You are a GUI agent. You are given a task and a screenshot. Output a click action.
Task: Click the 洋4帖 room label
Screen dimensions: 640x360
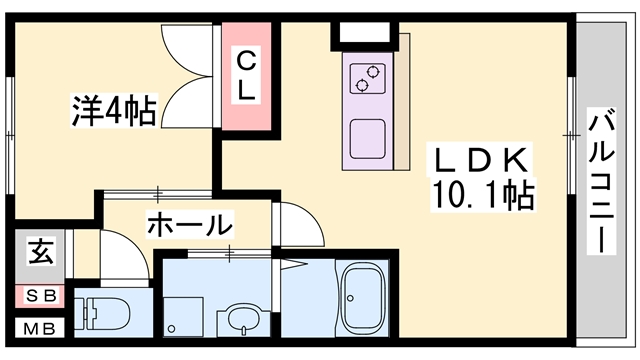point(114,110)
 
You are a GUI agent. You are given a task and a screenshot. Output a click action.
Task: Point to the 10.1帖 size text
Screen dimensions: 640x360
point(483,195)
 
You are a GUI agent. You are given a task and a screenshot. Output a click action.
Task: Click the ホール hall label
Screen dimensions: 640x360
point(190,225)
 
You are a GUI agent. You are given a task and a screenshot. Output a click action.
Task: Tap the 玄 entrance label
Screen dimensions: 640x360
point(41,251)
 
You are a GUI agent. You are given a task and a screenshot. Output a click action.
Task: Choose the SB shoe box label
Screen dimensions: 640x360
point(41,296)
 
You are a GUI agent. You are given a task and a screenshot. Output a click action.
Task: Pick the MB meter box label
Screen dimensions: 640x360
point(39,329)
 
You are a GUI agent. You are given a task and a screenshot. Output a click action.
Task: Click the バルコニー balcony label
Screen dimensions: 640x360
point(601,181)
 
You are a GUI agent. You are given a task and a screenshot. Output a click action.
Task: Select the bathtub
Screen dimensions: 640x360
point(363,298)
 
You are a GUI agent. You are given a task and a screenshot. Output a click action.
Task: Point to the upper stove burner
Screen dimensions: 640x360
point(372,72)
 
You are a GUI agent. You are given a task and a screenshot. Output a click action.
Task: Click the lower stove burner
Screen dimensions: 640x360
point(361,85)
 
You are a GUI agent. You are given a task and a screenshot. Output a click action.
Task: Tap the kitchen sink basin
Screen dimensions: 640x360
point(368,139)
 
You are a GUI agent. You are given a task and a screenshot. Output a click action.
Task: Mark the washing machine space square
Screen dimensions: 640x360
point(183,317)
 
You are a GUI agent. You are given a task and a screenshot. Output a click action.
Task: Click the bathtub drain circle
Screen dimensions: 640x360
point(351,298)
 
